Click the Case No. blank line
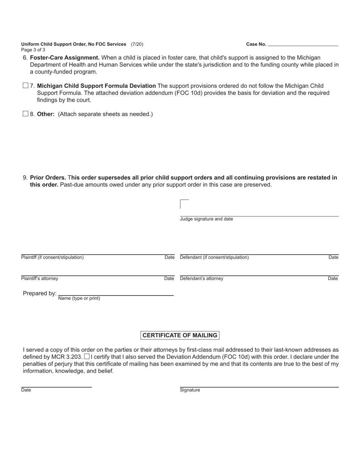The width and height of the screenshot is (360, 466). coord(303,44)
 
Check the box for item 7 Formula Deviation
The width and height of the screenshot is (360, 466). coord(25,86)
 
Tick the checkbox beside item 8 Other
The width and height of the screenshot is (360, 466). coord(25,114)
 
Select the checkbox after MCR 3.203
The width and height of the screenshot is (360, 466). coord(87,357)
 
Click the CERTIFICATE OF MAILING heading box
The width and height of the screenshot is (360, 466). coord(180,335)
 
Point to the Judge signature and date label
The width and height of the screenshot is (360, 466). coord(207,219)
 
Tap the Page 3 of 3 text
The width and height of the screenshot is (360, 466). coord(33,50)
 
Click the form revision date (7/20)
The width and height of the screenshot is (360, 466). coord(137,44)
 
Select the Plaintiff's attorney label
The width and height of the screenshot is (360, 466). coord(40,278)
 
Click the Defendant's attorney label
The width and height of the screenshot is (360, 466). coord(202,278)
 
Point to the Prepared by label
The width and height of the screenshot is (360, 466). coord(39,293)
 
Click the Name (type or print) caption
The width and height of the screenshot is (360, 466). coord(79,298)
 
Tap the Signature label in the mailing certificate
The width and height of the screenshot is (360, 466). coord(190,390)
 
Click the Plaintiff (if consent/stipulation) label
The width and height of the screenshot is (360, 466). coord(52,257)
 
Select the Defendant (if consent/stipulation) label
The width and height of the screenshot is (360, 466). coord(214,257)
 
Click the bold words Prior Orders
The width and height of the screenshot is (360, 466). coord(48,178)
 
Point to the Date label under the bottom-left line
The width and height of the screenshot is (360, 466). coord(26,390)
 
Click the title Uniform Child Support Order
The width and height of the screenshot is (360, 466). coord(74,44)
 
